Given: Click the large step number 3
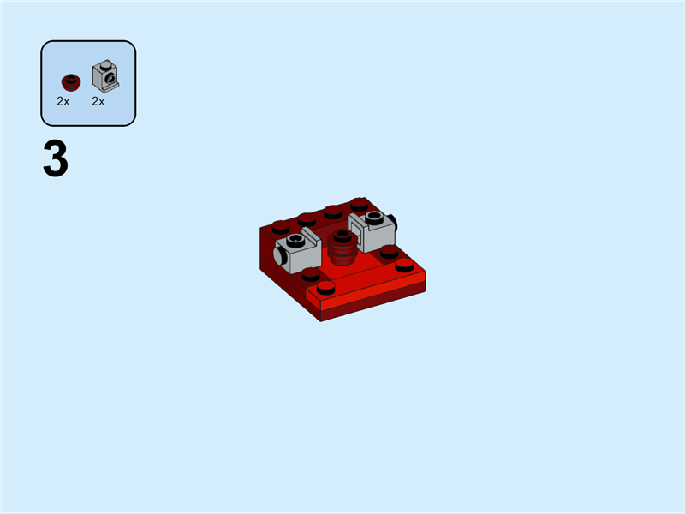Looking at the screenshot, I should pyautogui.click(x=56, y=161).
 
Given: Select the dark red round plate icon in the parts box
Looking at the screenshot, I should pyautogui.click(x=70, y=82).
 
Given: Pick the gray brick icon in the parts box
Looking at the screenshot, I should pyautogui.click(x=104, y=78).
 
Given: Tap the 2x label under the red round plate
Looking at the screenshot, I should pyautogui.click(x=63, y=101).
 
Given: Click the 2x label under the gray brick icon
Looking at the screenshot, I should pyautogui.click(x=98, y=101).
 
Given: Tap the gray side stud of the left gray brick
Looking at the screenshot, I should pyautogui.click(x=280, y=256).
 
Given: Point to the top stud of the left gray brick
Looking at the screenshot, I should pyautogui.click(x=296, y=240).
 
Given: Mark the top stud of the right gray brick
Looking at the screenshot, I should pyautogui.click(x=373, y=217).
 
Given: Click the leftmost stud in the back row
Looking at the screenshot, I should pyautogui.click(x=280, y=227).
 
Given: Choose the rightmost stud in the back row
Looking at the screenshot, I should pyautogui.click(x=360, y=204).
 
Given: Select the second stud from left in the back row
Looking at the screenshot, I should pyautogui.click(x=307, y=219).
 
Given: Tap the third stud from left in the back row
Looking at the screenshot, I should pyautogui.click(x=333, y=212).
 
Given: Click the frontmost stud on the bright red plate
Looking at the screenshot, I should pyautogui.click(x=326, y=287).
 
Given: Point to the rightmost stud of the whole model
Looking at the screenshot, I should pyautogui.click(x=405, y=264).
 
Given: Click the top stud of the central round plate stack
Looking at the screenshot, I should pyautogui.click(x=342, y=235).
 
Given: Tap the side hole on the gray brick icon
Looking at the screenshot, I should pyautogui.click(x=110, y=81).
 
